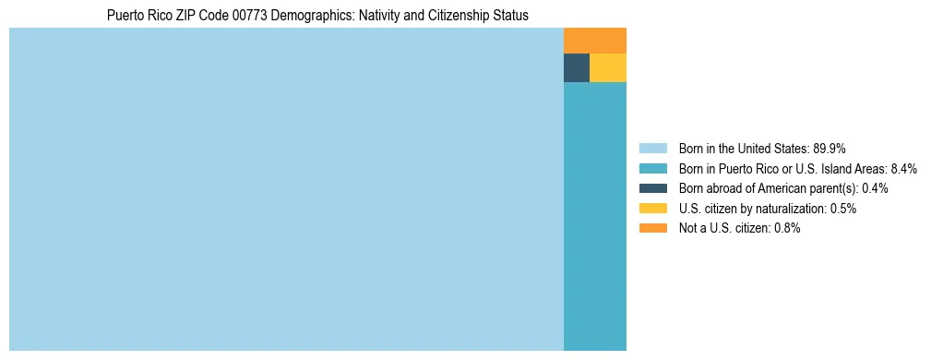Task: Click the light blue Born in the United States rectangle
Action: point(286,189)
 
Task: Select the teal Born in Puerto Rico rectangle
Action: point(595,216)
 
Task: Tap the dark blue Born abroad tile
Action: point(577,68)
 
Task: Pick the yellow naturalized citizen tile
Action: point(608,68)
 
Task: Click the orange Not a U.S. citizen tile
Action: point(595,41)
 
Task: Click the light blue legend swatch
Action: point(652,149)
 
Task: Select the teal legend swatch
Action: point(652,169)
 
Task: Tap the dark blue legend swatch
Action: point(652,188)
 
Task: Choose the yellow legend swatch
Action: point(652,209)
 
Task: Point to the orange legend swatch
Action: point(652,228)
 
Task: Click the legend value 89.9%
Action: point(830,149)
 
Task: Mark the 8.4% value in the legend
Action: point(904,169)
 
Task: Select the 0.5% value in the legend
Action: point(843,209)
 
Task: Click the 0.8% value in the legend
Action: point(787,228)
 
